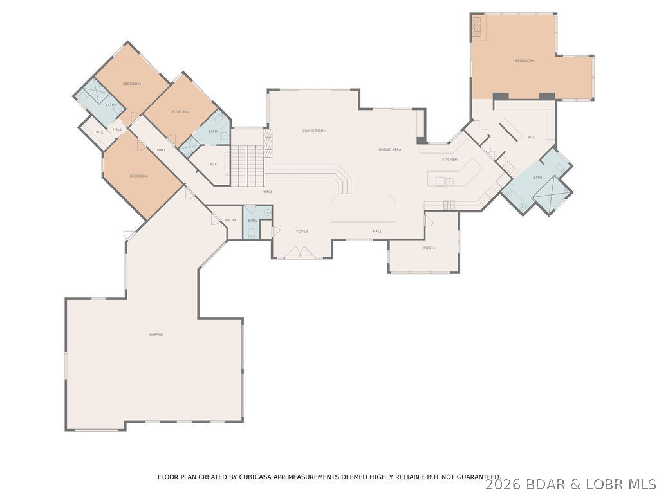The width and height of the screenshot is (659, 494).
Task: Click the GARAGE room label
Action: click(x=156, y=334)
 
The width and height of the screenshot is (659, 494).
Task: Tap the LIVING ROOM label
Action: click(x=315, y=131)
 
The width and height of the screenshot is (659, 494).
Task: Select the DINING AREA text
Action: click(x=390, y=150)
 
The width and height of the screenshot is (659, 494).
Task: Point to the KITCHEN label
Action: click(x=449, y=159)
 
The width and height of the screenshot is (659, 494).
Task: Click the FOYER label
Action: click(x=302, y=231)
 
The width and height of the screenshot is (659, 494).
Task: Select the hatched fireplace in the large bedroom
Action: click(x=477, y=26)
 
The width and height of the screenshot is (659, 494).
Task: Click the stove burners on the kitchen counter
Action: click(x=449, y=205)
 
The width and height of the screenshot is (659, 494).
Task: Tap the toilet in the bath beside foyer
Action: click(x=250, y=233)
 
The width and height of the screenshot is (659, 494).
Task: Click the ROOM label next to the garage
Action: click(x=230, y=220)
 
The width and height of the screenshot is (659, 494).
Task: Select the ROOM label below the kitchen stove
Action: click(x=429, y=248)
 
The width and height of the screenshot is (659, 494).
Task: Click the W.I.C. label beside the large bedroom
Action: click(x=532, y=137)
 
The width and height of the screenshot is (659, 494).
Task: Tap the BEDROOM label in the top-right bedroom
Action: click(x=524, y=61)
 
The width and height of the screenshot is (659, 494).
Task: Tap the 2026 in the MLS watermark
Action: click(x=501, y=484)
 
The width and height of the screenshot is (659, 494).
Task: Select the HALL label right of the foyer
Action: click(x=377, y=231)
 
